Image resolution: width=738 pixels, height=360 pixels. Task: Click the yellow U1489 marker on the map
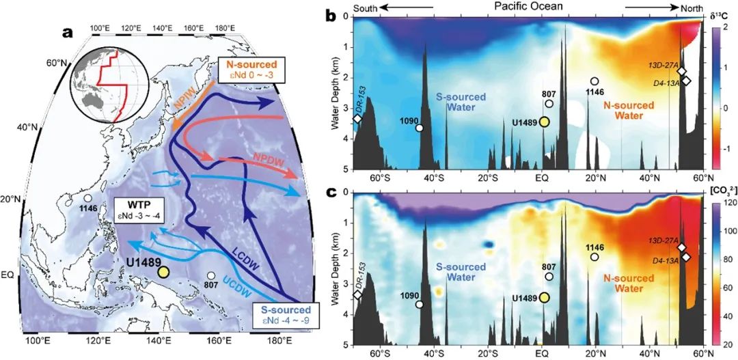[x=163, y=271]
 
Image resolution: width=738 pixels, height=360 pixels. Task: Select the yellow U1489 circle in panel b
[x=545, y=122]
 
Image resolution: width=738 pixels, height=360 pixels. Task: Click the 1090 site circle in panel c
[x=419, y=305]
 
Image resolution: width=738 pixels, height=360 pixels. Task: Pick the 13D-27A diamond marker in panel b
[x=681, y=72]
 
